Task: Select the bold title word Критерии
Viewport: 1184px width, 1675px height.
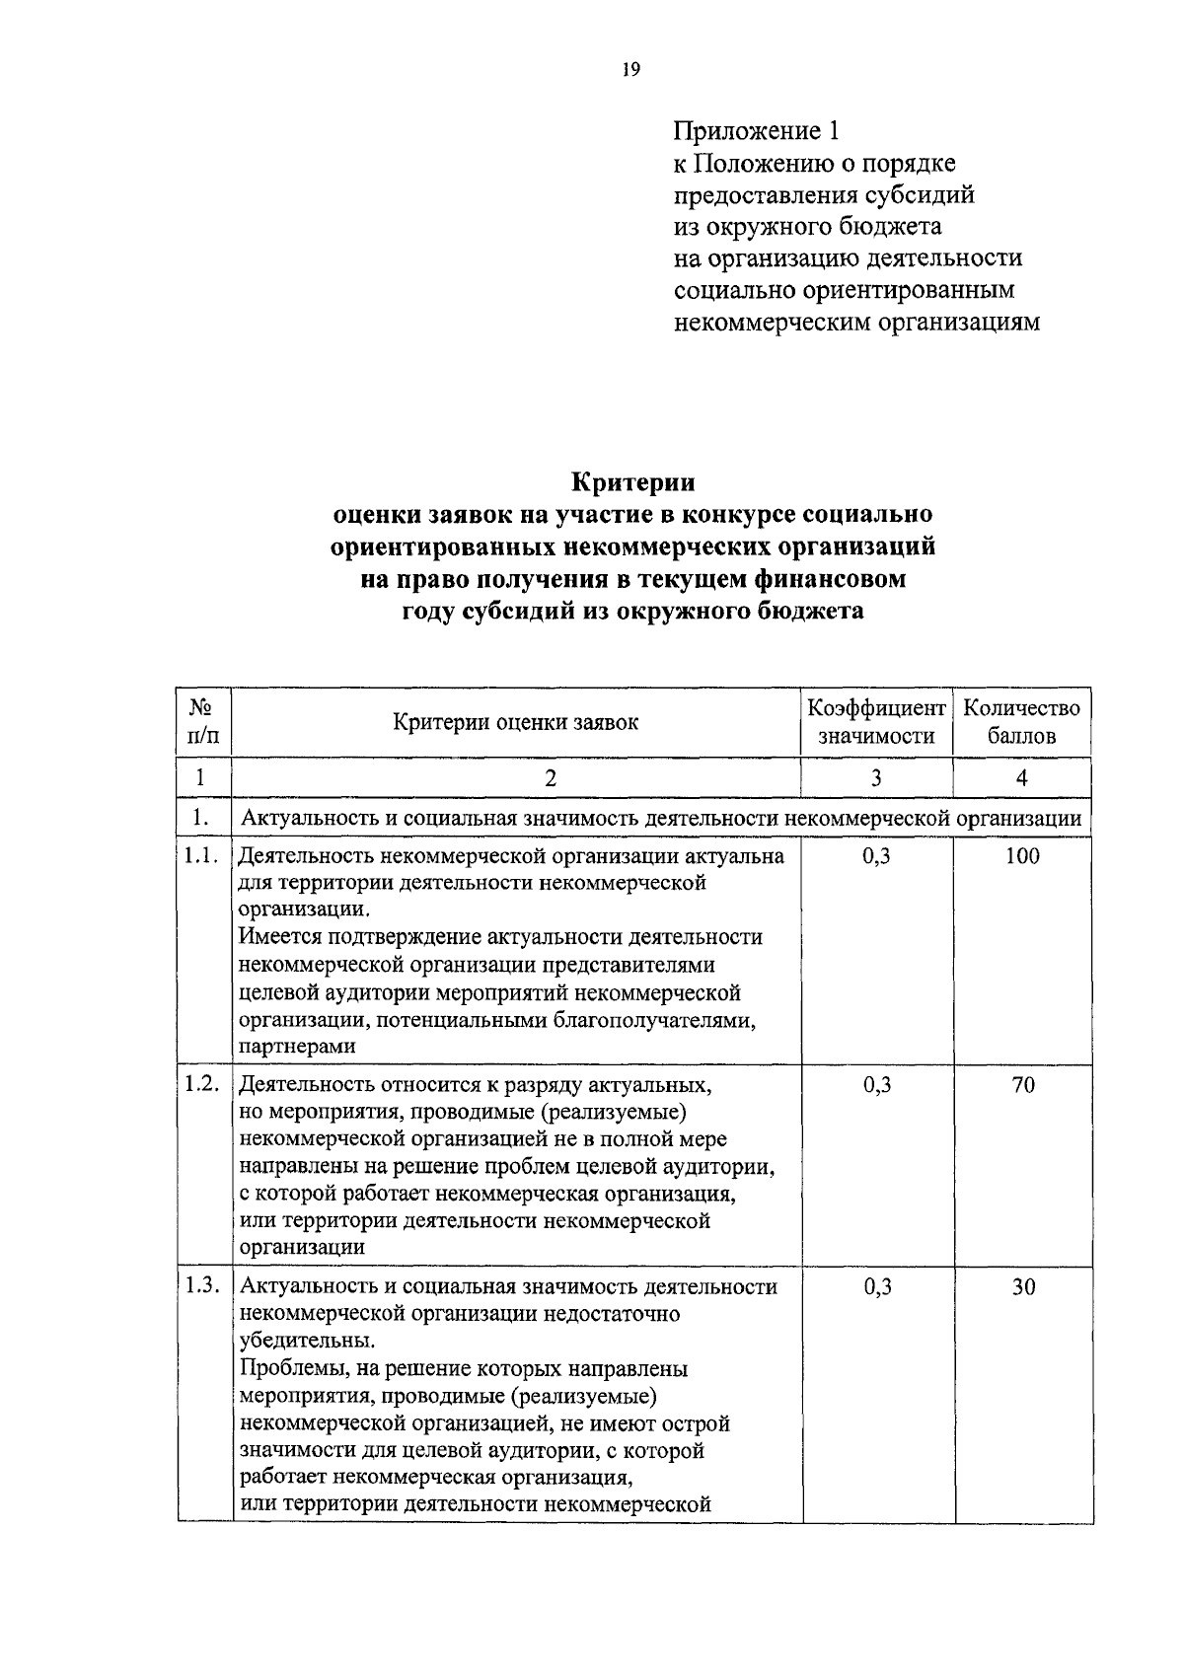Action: pos(633,482)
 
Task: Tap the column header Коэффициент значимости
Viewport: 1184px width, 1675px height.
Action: pos(876,721)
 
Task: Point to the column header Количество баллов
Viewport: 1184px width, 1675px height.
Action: pos(1021,721)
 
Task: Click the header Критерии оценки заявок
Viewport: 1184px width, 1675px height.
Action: pos(515,721)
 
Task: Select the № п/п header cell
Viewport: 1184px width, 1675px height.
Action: pos(202,721)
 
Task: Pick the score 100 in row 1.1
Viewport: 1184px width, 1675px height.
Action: pos(1022,856)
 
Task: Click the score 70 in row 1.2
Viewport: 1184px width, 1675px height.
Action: pos(1023,1085)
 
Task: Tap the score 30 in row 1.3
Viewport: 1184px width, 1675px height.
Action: pos(1023,1287)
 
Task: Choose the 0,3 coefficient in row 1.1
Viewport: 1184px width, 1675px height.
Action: pos(876,856)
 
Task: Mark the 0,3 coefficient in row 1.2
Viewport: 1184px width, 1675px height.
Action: pos(876,1085)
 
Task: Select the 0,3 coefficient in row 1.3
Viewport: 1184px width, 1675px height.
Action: pos(876,1287)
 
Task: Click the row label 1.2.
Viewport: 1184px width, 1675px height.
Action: pos(201,1083)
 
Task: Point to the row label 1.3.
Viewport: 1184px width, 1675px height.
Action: pos(201,1285)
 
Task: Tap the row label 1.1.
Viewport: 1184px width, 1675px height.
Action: pos(201,855)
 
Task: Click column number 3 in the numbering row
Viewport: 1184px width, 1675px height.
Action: pos(876,777)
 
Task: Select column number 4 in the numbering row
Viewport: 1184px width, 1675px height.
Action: pos(1022,777)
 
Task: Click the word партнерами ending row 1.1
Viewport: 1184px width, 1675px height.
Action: pos(297,1048)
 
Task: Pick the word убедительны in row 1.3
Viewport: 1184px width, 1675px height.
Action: pos(306,1342)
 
